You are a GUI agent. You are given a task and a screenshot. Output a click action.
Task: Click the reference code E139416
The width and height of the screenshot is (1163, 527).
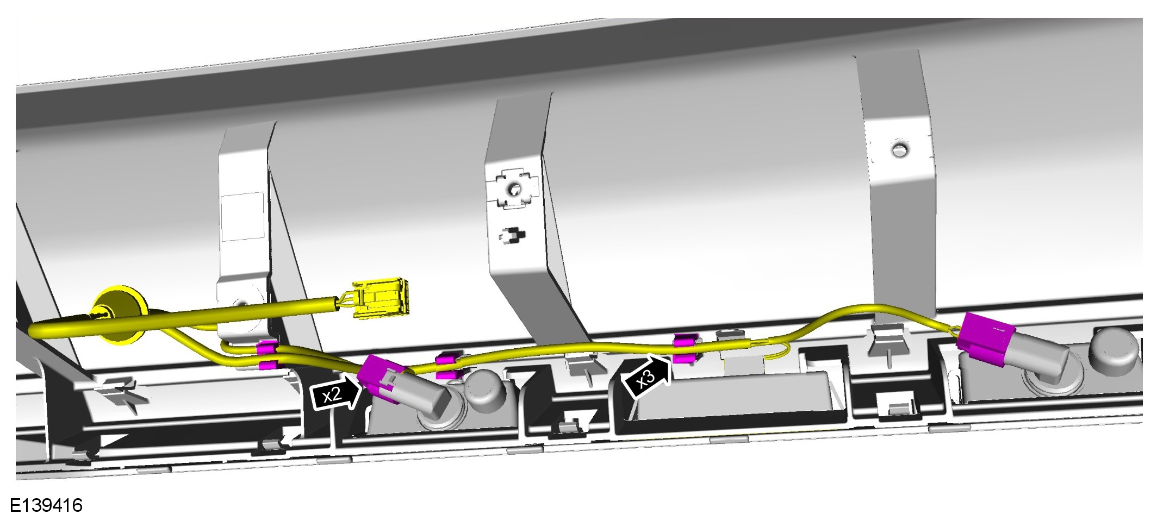[x=47, y=505]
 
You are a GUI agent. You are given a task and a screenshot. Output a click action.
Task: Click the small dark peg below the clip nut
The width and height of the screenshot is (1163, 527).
[x=512, y=236]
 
